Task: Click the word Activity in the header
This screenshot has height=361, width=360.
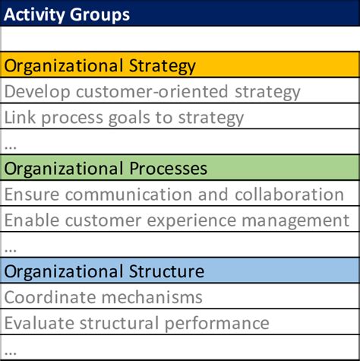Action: tap(34, 14)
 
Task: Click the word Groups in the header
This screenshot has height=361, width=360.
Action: tap(99, 15)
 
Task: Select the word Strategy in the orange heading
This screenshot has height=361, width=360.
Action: tap(163, 66)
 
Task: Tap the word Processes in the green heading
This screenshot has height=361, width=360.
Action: tap(168, 169)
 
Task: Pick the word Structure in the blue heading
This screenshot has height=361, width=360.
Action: tap(166, 271)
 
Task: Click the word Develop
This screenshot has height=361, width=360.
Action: tap(37, 92)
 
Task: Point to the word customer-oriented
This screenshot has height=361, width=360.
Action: tap(152, 92)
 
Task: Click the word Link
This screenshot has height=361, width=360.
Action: tap(20, 118)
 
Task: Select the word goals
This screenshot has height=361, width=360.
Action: tap(129, 119)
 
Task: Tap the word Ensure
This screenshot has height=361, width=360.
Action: tap(32, 195)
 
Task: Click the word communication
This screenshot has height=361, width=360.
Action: tap(129, 195)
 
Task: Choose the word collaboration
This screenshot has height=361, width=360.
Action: tap(289, 195)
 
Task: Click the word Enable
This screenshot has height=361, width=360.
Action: tap(32, 220)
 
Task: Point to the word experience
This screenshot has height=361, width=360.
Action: tap(191, 220)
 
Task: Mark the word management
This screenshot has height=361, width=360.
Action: tap(295, 221)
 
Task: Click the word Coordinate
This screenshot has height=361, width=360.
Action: tap(50, 297)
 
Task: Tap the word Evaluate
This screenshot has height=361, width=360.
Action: tap(39, 323)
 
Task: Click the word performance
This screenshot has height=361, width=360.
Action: tap(217, 324)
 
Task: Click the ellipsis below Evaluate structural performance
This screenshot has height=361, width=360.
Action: tap(11, 353)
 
